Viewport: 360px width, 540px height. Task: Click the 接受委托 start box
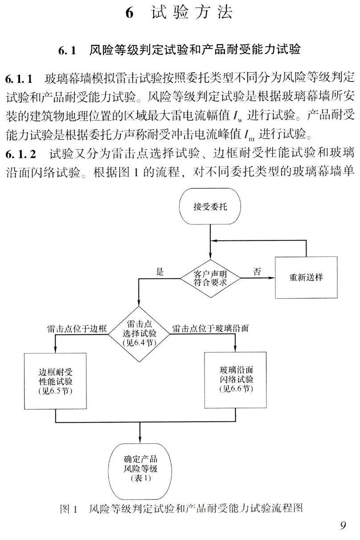click(x=210, y=207)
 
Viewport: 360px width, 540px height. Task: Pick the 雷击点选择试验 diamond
click(x=140, y=333)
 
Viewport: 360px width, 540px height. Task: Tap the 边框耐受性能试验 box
click(x=55, y=382)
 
